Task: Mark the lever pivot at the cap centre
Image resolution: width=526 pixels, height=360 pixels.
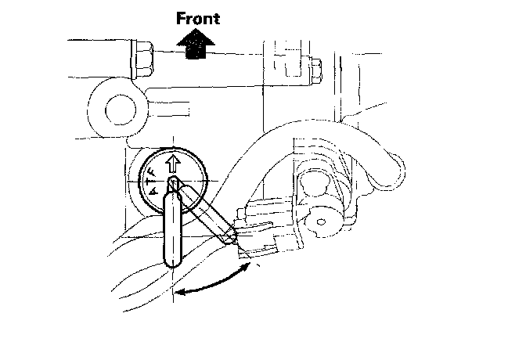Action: click(x=175, y=186)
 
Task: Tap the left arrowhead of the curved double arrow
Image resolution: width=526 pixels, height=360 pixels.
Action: click(x=178, y=293)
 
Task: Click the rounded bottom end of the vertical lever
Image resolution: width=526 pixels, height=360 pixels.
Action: click(x=172, y=261)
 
